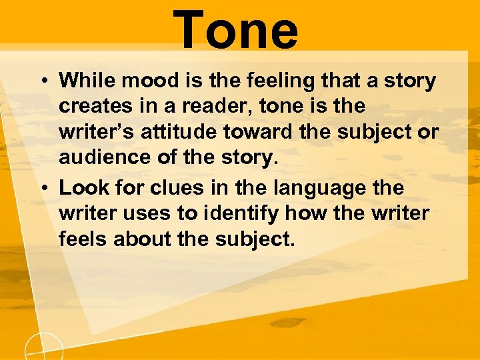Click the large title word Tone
[237, 29]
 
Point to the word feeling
[254, 81]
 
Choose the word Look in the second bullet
[78, 188]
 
